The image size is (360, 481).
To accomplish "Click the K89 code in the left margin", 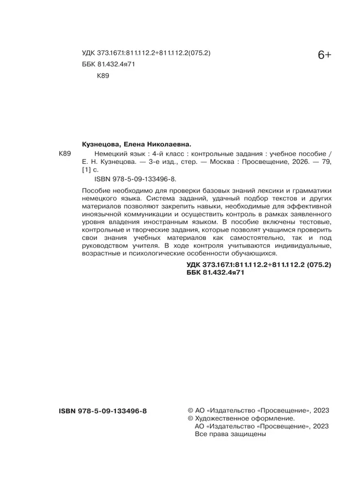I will [x=65, y=153].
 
